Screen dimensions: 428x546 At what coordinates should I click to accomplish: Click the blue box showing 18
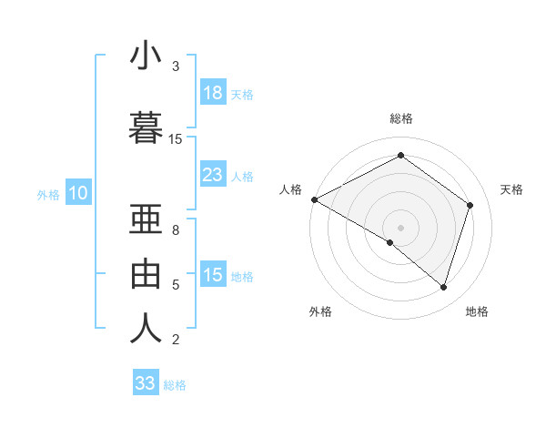pyautogui.click(x=213, y=93)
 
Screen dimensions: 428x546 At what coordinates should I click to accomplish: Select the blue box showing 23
pyautogui.click(x=213, y=175)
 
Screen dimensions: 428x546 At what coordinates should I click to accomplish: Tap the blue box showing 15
pyautogui.click(x=213, y=276)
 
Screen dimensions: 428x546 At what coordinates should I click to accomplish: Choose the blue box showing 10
pyautogui.click(x=78, y=193)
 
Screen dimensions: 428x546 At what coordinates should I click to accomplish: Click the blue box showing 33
pyautogui.click(x=146, y=383)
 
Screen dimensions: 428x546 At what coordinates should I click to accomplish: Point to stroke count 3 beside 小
pyautogui.click(x=176, y=66)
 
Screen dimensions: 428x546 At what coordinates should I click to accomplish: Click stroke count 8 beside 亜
pyautogui.click(x=176, y=230)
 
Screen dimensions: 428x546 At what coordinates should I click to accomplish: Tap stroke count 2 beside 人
pyautogui.click(x=176, y=341)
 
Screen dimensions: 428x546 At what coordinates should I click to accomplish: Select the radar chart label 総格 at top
pyautogui.click(x=401, y=118)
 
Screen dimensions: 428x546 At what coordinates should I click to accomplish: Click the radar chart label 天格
pyautogui.click(x=512, y=189)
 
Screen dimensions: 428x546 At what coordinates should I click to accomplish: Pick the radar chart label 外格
pyautogui.click(x=320, y=311)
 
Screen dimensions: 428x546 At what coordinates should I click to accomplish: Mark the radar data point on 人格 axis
pyautogui.click(x=314, y=199)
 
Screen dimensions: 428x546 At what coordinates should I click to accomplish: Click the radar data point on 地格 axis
pyautogui.click(x=443, y=288)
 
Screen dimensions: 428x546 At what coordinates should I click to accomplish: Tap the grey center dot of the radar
pyautogui.click(x=400, y=227)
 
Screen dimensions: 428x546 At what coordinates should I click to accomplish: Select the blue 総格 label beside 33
pyautogui.click(x=175, y=385)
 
